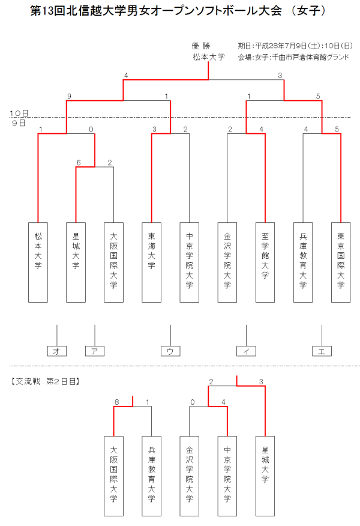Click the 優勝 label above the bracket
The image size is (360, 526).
tap(200, 45)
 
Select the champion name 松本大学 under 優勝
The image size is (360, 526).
tap(208, 56)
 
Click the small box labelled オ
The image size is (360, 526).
tap(56, 351)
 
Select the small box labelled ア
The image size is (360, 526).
tap(95, 351)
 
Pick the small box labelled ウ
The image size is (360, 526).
tap(170, 351)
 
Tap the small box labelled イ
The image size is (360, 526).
tap(246, 351)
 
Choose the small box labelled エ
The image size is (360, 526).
tap(322, 351)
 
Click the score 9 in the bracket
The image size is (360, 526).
tap(70, 96)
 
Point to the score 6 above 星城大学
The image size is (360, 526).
tap(79, 162)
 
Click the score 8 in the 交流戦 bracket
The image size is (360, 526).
tap(117, 402)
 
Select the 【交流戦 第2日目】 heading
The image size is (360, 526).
tap(46, 381)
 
